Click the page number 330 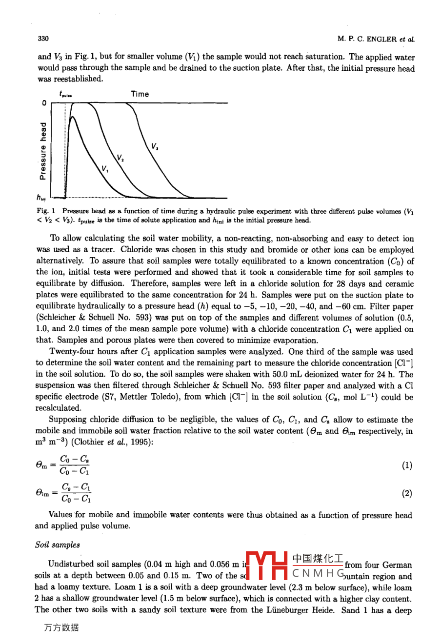tap(43, 39)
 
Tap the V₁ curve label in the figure tap(105, 169)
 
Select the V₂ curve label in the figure tap(120, 157)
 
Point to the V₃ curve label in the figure tap(154, 146)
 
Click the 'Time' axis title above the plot tap(140, 94)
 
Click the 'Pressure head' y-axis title tap(43, 150)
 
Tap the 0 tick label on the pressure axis tap(44, 103)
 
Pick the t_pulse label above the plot tap(65, 94)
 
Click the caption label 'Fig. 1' tap(47, 211)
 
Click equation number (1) tap(407, 465)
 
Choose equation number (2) tap(407, 493)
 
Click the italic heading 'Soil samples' tap(57, 544)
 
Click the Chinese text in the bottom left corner tap(61, 628)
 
